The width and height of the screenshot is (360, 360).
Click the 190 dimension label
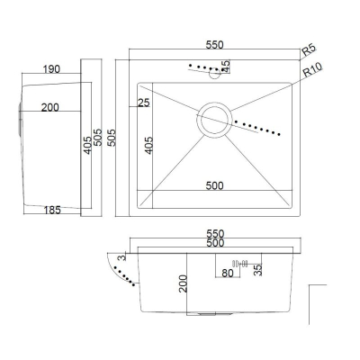click(51, 69)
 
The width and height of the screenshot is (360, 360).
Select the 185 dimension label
click(52, 210)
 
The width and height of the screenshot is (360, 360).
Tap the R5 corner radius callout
click(309, 49)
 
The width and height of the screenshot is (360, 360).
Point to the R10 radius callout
click(312, 69)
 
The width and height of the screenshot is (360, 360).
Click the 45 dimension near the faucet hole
click(226, 67)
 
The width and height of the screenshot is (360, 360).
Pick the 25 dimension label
click(143, 103)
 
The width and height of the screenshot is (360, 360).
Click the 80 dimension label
click(228, 273)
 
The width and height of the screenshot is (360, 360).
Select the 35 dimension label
click(258, 270)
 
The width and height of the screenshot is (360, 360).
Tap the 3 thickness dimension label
click(121, 257)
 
